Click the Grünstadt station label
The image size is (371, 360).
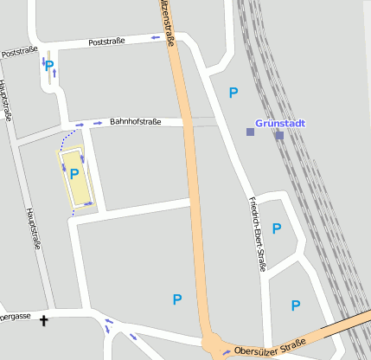(280, 123)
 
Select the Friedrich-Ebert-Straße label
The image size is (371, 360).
(257, 235)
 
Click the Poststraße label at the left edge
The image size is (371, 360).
(19, 53)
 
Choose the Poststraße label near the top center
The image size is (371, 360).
(107, 41)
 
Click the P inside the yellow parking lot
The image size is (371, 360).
(74, 174)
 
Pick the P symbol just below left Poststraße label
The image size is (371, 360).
(49, 66)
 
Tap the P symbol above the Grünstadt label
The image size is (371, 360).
(233, 93)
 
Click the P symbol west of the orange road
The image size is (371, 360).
(177, 299)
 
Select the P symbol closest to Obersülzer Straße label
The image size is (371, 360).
(295, 305)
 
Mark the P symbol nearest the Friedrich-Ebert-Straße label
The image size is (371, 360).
(277, 228)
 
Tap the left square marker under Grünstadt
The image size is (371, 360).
(250, 132)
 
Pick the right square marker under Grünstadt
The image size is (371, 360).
(279, 135)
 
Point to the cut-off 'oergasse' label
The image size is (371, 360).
(16, 317)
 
